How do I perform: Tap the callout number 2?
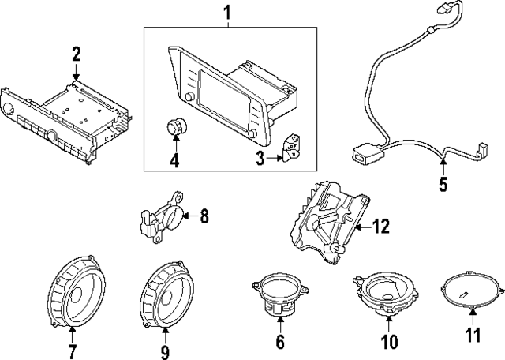(76, 54)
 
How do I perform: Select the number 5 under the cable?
(443, 185)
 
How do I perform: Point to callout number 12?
(381, 227)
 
